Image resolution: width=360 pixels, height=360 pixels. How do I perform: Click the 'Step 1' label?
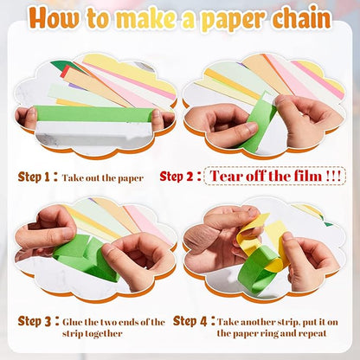[x=35, y=176]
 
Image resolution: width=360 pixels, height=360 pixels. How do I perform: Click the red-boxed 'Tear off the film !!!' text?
[x=273, y=176]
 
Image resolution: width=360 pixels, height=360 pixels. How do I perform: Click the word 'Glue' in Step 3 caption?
[x=74, y=322]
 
